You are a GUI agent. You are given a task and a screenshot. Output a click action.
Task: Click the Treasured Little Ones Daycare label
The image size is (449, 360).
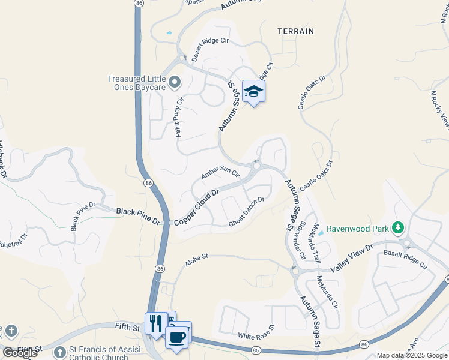point(136,83)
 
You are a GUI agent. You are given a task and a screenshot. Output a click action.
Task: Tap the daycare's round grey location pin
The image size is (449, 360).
point(175,82)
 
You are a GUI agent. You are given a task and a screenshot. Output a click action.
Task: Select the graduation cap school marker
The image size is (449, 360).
point(253,91)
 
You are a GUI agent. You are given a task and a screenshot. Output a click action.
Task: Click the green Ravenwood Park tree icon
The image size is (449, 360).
point(397,228)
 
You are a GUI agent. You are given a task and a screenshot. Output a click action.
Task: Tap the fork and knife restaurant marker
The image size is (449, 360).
point(156,324)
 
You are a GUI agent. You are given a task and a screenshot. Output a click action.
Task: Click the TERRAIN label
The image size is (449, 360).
point(295,31)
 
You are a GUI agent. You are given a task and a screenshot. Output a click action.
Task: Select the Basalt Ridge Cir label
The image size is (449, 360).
point(405,259)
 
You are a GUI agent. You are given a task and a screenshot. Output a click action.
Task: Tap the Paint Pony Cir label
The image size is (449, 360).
point(178,116)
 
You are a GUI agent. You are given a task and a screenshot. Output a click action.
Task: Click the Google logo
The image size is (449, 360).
point(19,353)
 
